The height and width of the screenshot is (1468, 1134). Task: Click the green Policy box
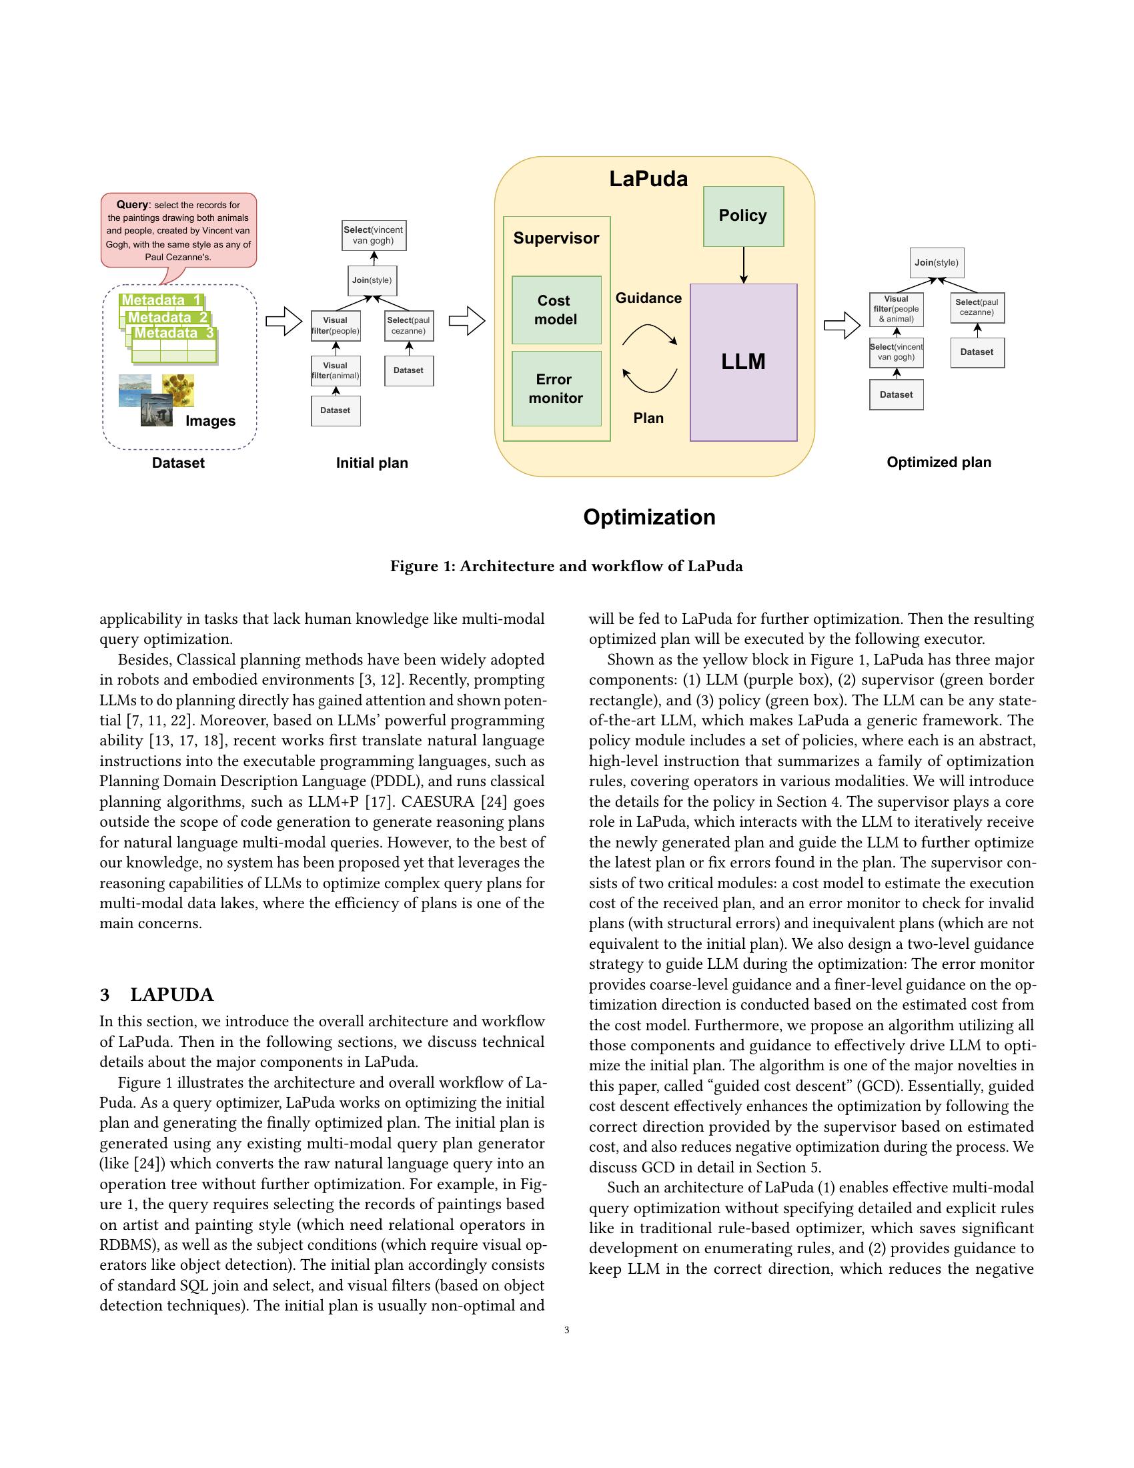(743, 216)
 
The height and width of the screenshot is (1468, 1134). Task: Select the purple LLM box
(743, 362)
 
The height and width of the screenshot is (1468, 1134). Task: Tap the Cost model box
(556, 310)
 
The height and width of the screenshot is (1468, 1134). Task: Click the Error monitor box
(556, 388)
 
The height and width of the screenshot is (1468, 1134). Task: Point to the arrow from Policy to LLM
(743, 265)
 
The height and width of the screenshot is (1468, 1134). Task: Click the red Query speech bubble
(179, 231)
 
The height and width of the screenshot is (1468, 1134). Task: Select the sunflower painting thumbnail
(179, 390)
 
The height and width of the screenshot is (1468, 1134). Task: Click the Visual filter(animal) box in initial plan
(336, 371)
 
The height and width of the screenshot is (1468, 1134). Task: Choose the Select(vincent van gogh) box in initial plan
(374, 236)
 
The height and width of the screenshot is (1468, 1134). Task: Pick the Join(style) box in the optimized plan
(937, 263)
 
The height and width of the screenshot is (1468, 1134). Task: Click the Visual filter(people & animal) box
(895, 309)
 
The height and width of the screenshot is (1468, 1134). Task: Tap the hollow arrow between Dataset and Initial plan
(283, 322)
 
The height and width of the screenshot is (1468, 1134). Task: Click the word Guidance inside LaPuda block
(648, 298)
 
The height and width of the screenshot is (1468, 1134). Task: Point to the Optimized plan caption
(939, 462)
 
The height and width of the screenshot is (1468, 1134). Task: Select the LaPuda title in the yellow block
(648, 179)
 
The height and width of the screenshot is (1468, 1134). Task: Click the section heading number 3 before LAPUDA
(105, 995)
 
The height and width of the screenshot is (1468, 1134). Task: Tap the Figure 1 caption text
(566, 566)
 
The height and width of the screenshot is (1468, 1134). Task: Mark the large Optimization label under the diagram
(649, 517)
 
